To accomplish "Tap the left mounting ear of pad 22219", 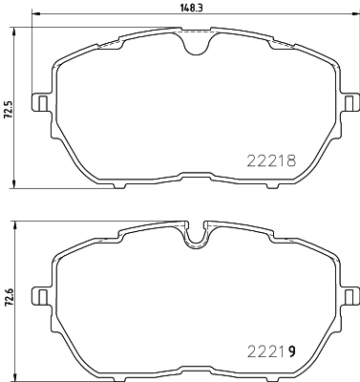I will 42,292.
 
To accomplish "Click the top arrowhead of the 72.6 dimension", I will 16,222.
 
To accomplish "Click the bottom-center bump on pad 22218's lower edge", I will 196,176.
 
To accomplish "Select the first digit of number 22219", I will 253,352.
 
